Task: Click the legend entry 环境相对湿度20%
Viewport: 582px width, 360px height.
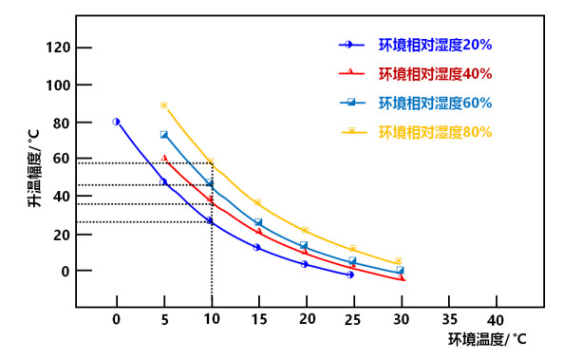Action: click(x=435, y=45)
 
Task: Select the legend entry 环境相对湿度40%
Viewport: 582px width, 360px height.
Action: click(x=435, y=73)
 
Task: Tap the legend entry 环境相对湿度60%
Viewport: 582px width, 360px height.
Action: click(x=435, y=103)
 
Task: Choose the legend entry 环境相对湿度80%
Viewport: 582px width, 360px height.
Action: click(x=435, y=131)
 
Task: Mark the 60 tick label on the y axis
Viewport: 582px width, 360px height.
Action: click(x=60, y=160)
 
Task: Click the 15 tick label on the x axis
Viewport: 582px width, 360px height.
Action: click(x=257, y=318)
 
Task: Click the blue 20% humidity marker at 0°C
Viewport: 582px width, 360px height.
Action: click(x=116, y=122)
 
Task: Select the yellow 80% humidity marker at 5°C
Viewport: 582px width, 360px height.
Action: click(x=163, y=105)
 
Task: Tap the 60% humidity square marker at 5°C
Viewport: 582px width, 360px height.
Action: click(x=163, y=135)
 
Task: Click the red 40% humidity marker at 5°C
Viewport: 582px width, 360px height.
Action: click(x=163, y=159)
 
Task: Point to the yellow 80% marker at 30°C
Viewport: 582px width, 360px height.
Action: click(x=399, y=260)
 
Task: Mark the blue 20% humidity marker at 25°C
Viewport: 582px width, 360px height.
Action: click(x=350, y=275)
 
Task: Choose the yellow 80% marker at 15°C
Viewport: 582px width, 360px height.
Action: click(x=257, y=203)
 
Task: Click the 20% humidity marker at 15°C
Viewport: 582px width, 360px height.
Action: click(x=257, y=247)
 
